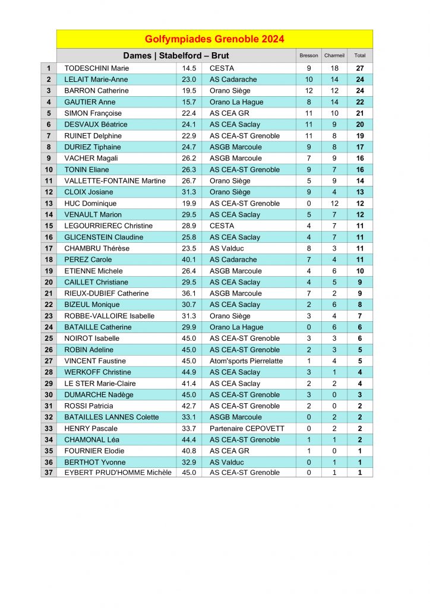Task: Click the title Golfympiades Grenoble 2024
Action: [214, 39]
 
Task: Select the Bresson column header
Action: [309, 56]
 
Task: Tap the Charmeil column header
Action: [334, 56]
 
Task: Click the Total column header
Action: [360, 56]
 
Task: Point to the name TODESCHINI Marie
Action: [96, 68]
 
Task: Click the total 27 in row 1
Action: [360, 68]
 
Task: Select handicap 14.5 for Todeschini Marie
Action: [189, 68]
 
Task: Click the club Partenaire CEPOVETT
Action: [247, 428]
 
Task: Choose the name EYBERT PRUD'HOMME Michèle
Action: [118, 473]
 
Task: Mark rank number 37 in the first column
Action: [49, 473]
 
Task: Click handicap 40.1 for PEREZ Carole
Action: [189, 259]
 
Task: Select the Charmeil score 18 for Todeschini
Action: [334, 68]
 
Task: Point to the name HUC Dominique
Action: [90, 203]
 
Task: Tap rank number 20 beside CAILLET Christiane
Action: [49, 282]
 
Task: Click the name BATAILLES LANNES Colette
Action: [112, 417]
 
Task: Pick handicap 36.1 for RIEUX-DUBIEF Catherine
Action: [189, 293]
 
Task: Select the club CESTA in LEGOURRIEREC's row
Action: [222, 226]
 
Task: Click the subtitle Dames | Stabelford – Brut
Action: [176, 56]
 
